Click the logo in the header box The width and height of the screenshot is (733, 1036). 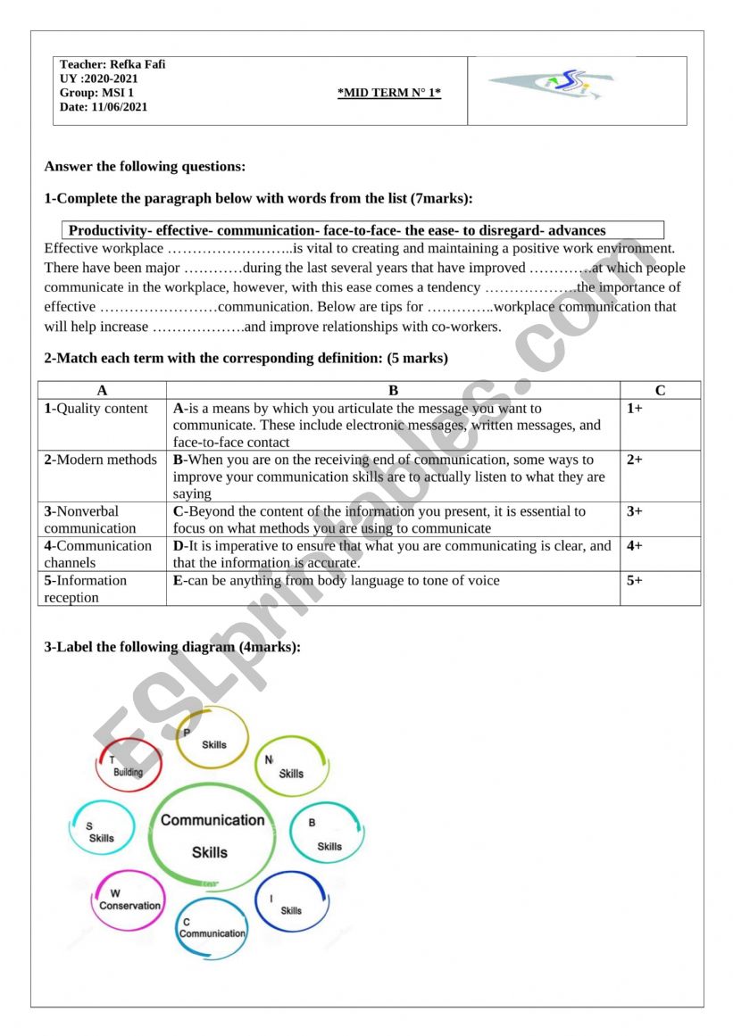tap(550, 85)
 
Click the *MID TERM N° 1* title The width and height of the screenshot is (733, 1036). tap(389, 93)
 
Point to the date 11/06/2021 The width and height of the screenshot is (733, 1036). tap(120, 107)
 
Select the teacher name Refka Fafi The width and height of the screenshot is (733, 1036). tap(137, 64)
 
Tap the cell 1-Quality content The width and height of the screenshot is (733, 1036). tap(96, 409)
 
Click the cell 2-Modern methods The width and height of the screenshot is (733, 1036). tap(101, 460)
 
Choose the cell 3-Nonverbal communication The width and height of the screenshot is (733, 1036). tap(90, 519)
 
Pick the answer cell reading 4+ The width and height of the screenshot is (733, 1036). tap(635, 546)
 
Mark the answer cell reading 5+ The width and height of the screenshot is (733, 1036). tap(635, 581)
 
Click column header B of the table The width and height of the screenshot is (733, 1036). tap(393, 390)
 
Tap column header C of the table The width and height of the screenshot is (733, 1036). tap(660, 390)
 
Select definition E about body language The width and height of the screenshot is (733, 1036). tap(337, 581)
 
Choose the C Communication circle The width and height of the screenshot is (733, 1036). tap(212, 928)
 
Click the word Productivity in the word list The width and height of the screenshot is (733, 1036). tap(108, 231)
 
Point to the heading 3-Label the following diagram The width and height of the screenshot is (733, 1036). tap(172, 647)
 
